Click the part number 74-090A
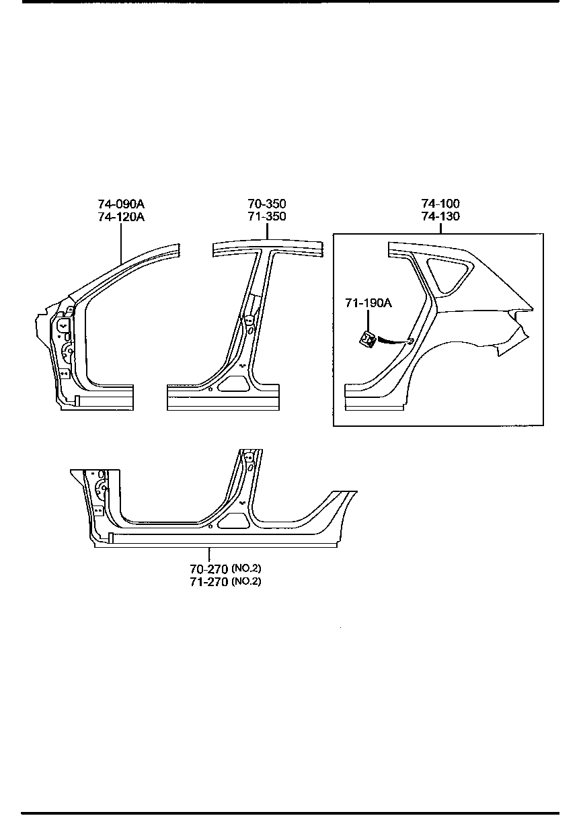point(121,204)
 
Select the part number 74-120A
point(121,216)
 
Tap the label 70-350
point(267,204)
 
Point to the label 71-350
point(267,216)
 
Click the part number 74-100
point(440,204)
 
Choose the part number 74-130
point(440,216)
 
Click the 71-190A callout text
point(368,304)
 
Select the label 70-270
point(209,569)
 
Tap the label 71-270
point(209,581)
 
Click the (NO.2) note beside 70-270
point(246,569)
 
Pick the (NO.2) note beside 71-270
point(246,581)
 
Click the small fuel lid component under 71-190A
point(368,340)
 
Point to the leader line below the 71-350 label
point(267,231)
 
